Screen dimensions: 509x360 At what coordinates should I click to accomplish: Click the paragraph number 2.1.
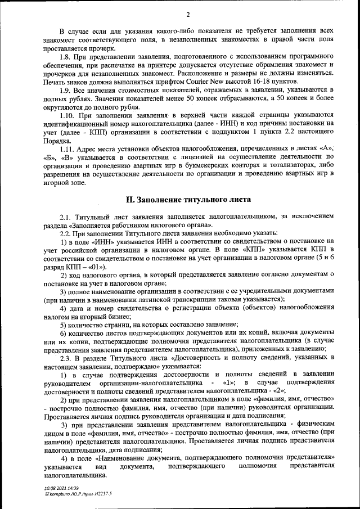pyautogui.click(x=66, y=217)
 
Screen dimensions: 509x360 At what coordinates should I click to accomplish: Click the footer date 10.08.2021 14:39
pyautogui.click(x=62, y=489)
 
